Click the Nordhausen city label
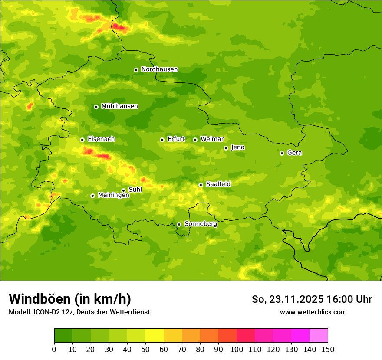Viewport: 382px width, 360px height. tap(159, 69)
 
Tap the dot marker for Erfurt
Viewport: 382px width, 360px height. tap(162, 140)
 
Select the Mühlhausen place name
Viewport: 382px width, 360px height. tap(119, 106)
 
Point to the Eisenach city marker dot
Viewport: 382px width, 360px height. tap(82, 140)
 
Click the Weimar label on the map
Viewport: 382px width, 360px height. tap(212, 139)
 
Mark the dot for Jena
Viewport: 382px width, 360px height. tap(226, 148)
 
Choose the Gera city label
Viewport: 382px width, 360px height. tap(294, 153)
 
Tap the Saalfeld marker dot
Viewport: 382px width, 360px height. tap(201, 185)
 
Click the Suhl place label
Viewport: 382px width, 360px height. tap(135, 190)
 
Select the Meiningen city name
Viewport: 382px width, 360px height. tap(113, 195)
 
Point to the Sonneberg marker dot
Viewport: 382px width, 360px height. tap(179, 224)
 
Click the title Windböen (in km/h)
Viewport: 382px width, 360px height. tap(70, 299)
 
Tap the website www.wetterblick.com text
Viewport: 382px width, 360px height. tap(313, 312)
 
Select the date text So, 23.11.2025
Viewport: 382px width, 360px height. tap(287, 299)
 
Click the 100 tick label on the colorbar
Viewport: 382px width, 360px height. tap(237, 350)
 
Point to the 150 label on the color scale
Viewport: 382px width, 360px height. tap(328, 350)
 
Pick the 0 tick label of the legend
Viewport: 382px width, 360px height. tap(54, 350)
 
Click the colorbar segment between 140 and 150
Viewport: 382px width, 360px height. tap(319, 336)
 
